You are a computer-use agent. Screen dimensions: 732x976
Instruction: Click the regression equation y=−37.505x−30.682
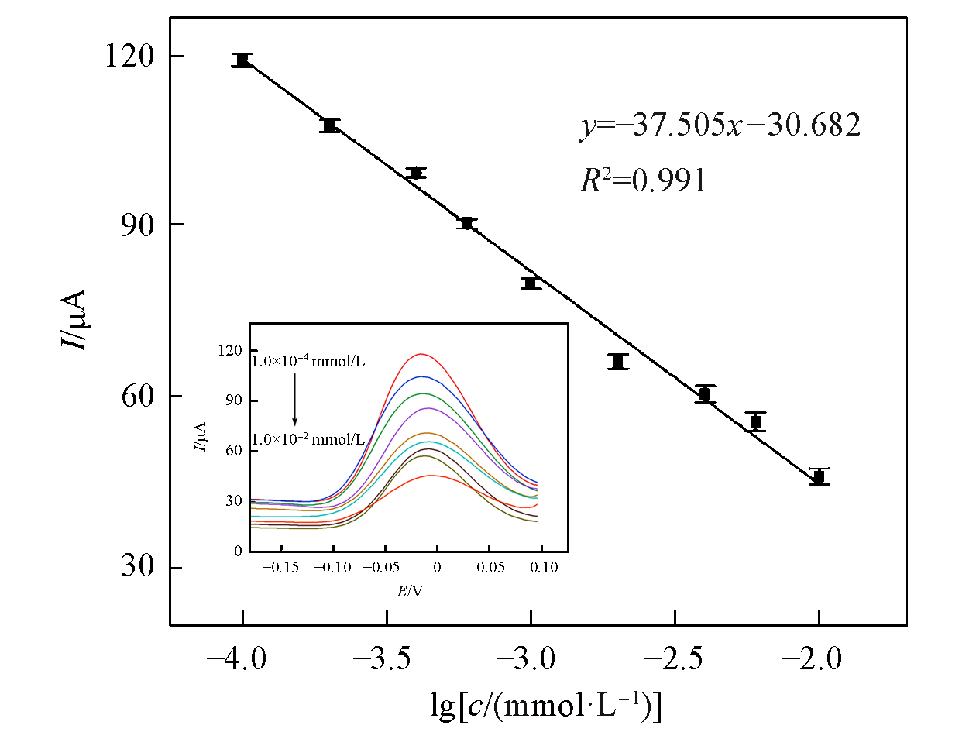[720, 126]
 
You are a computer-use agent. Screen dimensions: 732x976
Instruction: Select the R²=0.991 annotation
[643, 180]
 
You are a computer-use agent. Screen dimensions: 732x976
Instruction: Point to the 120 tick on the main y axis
[128, 57]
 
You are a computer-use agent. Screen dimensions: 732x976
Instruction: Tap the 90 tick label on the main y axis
[136, 225]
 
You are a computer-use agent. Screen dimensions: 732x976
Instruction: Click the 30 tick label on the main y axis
[136, 568]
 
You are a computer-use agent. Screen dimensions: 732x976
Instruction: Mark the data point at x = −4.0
[242, 60]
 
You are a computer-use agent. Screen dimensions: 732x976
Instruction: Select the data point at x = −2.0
[819, 477]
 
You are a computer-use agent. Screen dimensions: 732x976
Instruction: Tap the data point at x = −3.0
[531, 284]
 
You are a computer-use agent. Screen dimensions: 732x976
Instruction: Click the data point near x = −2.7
[617, 362]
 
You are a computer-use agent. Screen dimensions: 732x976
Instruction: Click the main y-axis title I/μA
[75, 319]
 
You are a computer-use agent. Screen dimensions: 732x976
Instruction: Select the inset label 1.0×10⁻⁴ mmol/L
[308, 361]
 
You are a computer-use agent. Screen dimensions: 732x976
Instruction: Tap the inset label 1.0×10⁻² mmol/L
[308, 439]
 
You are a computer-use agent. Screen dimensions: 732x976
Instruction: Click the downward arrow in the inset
[294, 400]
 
